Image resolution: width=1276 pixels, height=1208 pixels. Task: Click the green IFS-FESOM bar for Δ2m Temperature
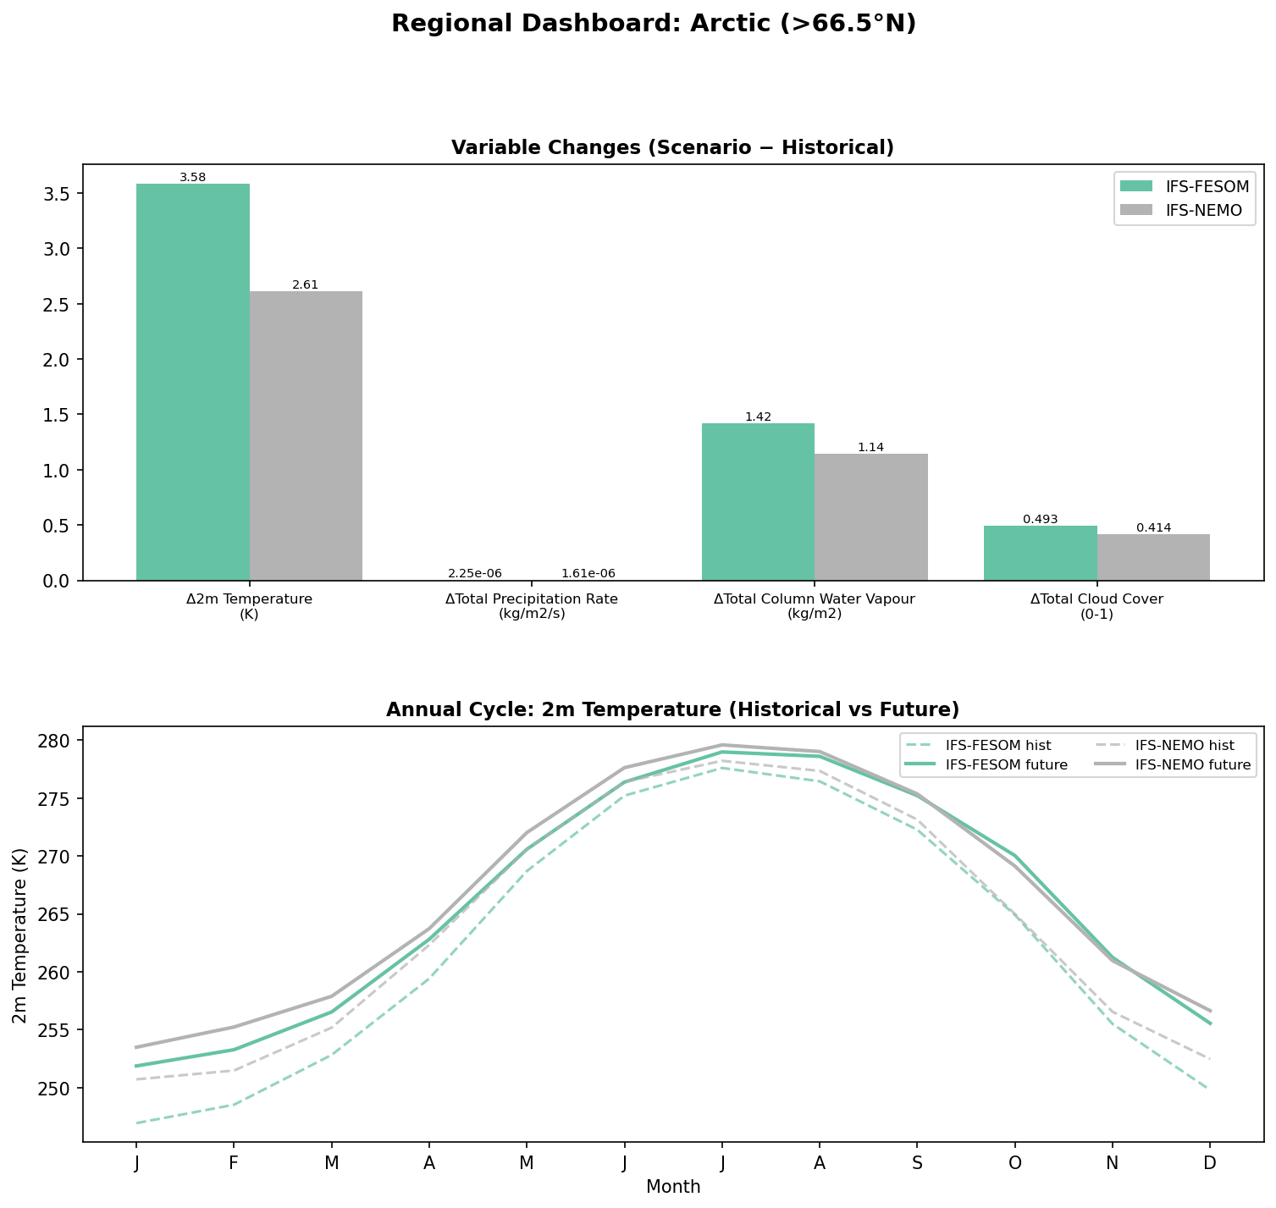pyautogui.click(x=192, y=382)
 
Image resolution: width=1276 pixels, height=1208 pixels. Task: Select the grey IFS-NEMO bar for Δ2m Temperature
pyautogui.click(x=306, y=436)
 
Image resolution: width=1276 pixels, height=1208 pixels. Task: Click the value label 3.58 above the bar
pyautogui.click(x=192, y=178)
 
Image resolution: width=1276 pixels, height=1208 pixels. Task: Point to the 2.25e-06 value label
pyautogui.click(x=475, y=574)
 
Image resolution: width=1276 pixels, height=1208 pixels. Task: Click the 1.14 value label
pyautogui.click(x=870, y=447)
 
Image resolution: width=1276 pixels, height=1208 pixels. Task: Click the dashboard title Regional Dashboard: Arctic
pyautogui.click(x=653, y=24)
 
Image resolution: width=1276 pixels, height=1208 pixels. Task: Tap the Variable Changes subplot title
pyautogui.click(x=672, y=148)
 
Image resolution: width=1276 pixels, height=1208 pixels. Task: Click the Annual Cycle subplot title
pyautogui.click(x=672, y=709)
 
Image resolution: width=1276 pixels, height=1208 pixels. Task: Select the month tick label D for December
pyautogui.click(x=1209, y=1164)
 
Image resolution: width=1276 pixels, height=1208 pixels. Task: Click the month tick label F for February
pyautogui.click(x=233, y=1164)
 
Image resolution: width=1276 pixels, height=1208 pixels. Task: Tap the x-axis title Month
pyautogui.click(x=672, y=1187)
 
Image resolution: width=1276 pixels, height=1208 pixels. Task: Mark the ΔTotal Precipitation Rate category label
pyautogui.click(x=532, y=606)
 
